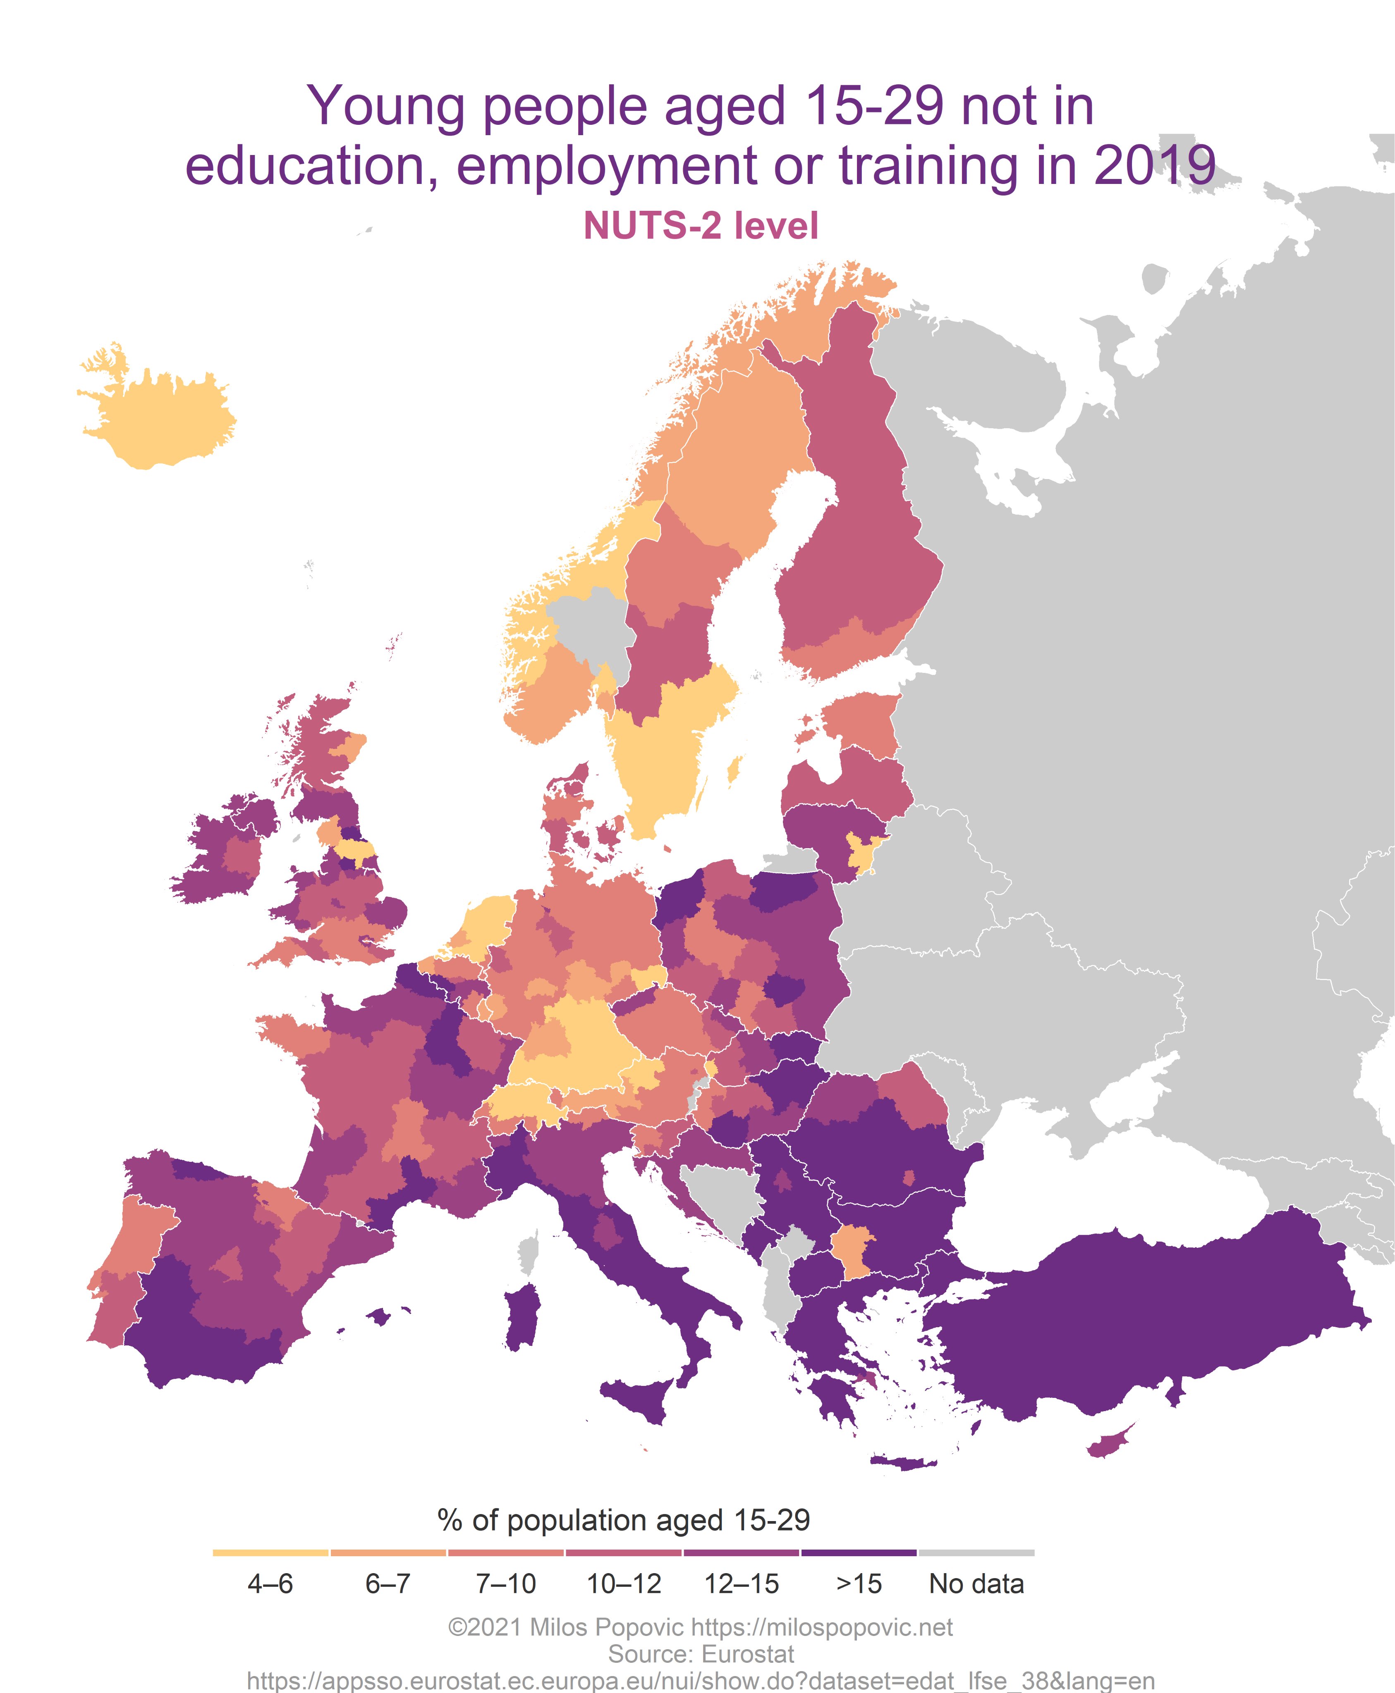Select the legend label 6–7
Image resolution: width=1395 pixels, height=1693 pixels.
(388, 1584)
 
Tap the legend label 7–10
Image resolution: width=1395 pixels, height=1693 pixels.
(505, 1584)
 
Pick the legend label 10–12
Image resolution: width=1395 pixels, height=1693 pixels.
(624, 1584)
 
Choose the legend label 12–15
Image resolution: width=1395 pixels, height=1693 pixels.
(741, 1584)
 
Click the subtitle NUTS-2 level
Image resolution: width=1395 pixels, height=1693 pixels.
(701, 226)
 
